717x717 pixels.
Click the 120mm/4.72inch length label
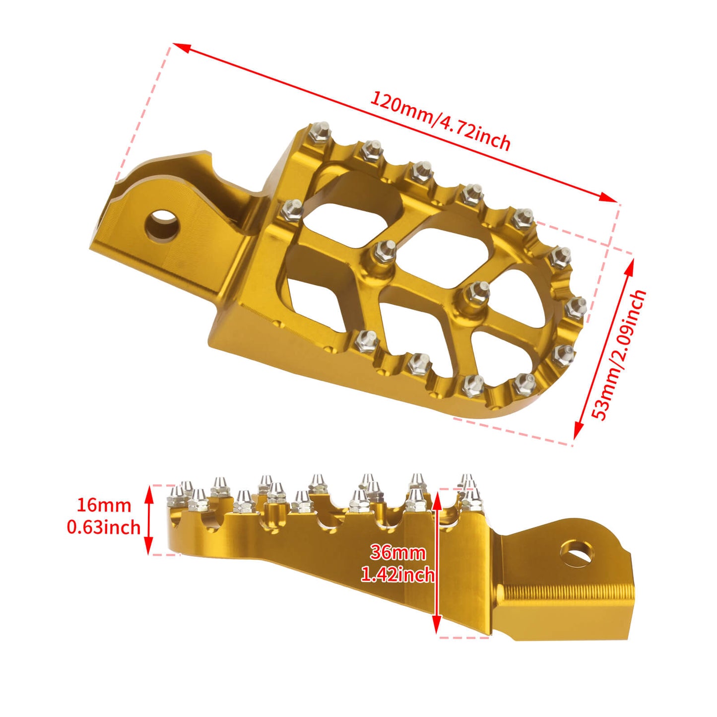click(440, 121)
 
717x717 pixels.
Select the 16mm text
click(104, 505)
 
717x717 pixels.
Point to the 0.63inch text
click(104, 526)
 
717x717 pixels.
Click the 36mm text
click(398, 552)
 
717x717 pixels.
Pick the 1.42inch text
click(398, 574)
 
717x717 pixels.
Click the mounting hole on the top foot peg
click(162, 225)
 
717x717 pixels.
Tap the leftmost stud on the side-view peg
click(176, 497)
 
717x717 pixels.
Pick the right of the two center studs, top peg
click(477, 294)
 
